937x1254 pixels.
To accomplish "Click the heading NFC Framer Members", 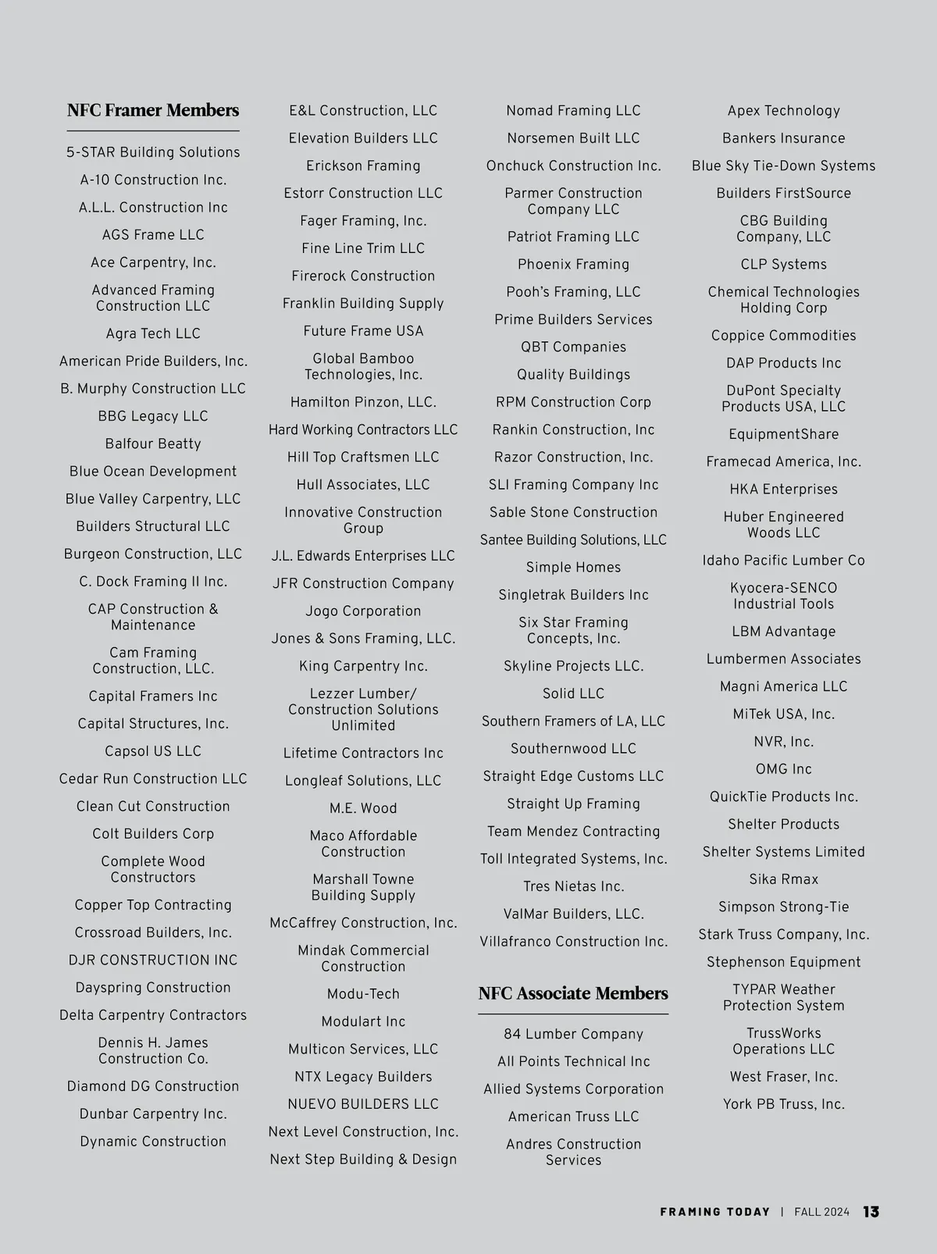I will click(x=153, y=110).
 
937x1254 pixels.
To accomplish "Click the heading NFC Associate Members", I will click(x=573, y=993).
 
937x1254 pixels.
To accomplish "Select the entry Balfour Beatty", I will click(x=153, y=444).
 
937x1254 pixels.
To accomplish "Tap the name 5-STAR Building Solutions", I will click(x=153, y=153).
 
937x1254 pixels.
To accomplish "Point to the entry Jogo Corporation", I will click(x=363, y=611).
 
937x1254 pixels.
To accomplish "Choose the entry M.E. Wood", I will click(x=363, y=809).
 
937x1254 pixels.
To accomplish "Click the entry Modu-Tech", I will click(x=363, y=994).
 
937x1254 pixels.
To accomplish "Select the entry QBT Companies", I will click(x=573, y=347).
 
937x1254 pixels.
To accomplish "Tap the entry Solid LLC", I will click(x=573, y=694).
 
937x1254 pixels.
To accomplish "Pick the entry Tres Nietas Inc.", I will click(x=573, y=887).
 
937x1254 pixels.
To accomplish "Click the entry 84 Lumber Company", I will click(x=573, y=1035).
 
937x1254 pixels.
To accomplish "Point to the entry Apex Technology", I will click(x=783, y=111).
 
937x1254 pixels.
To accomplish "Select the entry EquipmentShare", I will click(x=783, y=435).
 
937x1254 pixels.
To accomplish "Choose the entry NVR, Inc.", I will click(x=783, y=743).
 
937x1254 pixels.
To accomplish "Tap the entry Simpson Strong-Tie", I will click(x=783, y=907).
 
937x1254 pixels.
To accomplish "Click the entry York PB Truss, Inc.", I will click(x=783, y=1105).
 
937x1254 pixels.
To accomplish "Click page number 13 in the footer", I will click(x=871, y=1212).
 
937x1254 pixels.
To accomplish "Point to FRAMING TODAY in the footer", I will click(x=714, y=1212).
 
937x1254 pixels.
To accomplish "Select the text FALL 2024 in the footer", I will click(x=821, y=1212).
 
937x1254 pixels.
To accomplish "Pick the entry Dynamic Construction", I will click(x=153, y=1142).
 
